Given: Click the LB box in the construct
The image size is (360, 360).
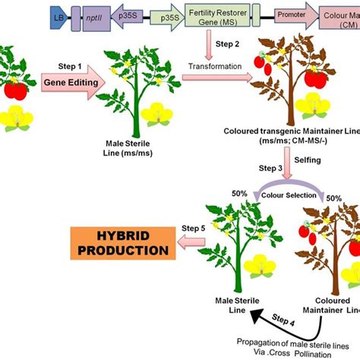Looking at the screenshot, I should [58, 14].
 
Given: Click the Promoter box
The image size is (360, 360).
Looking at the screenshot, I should [292, 14].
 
